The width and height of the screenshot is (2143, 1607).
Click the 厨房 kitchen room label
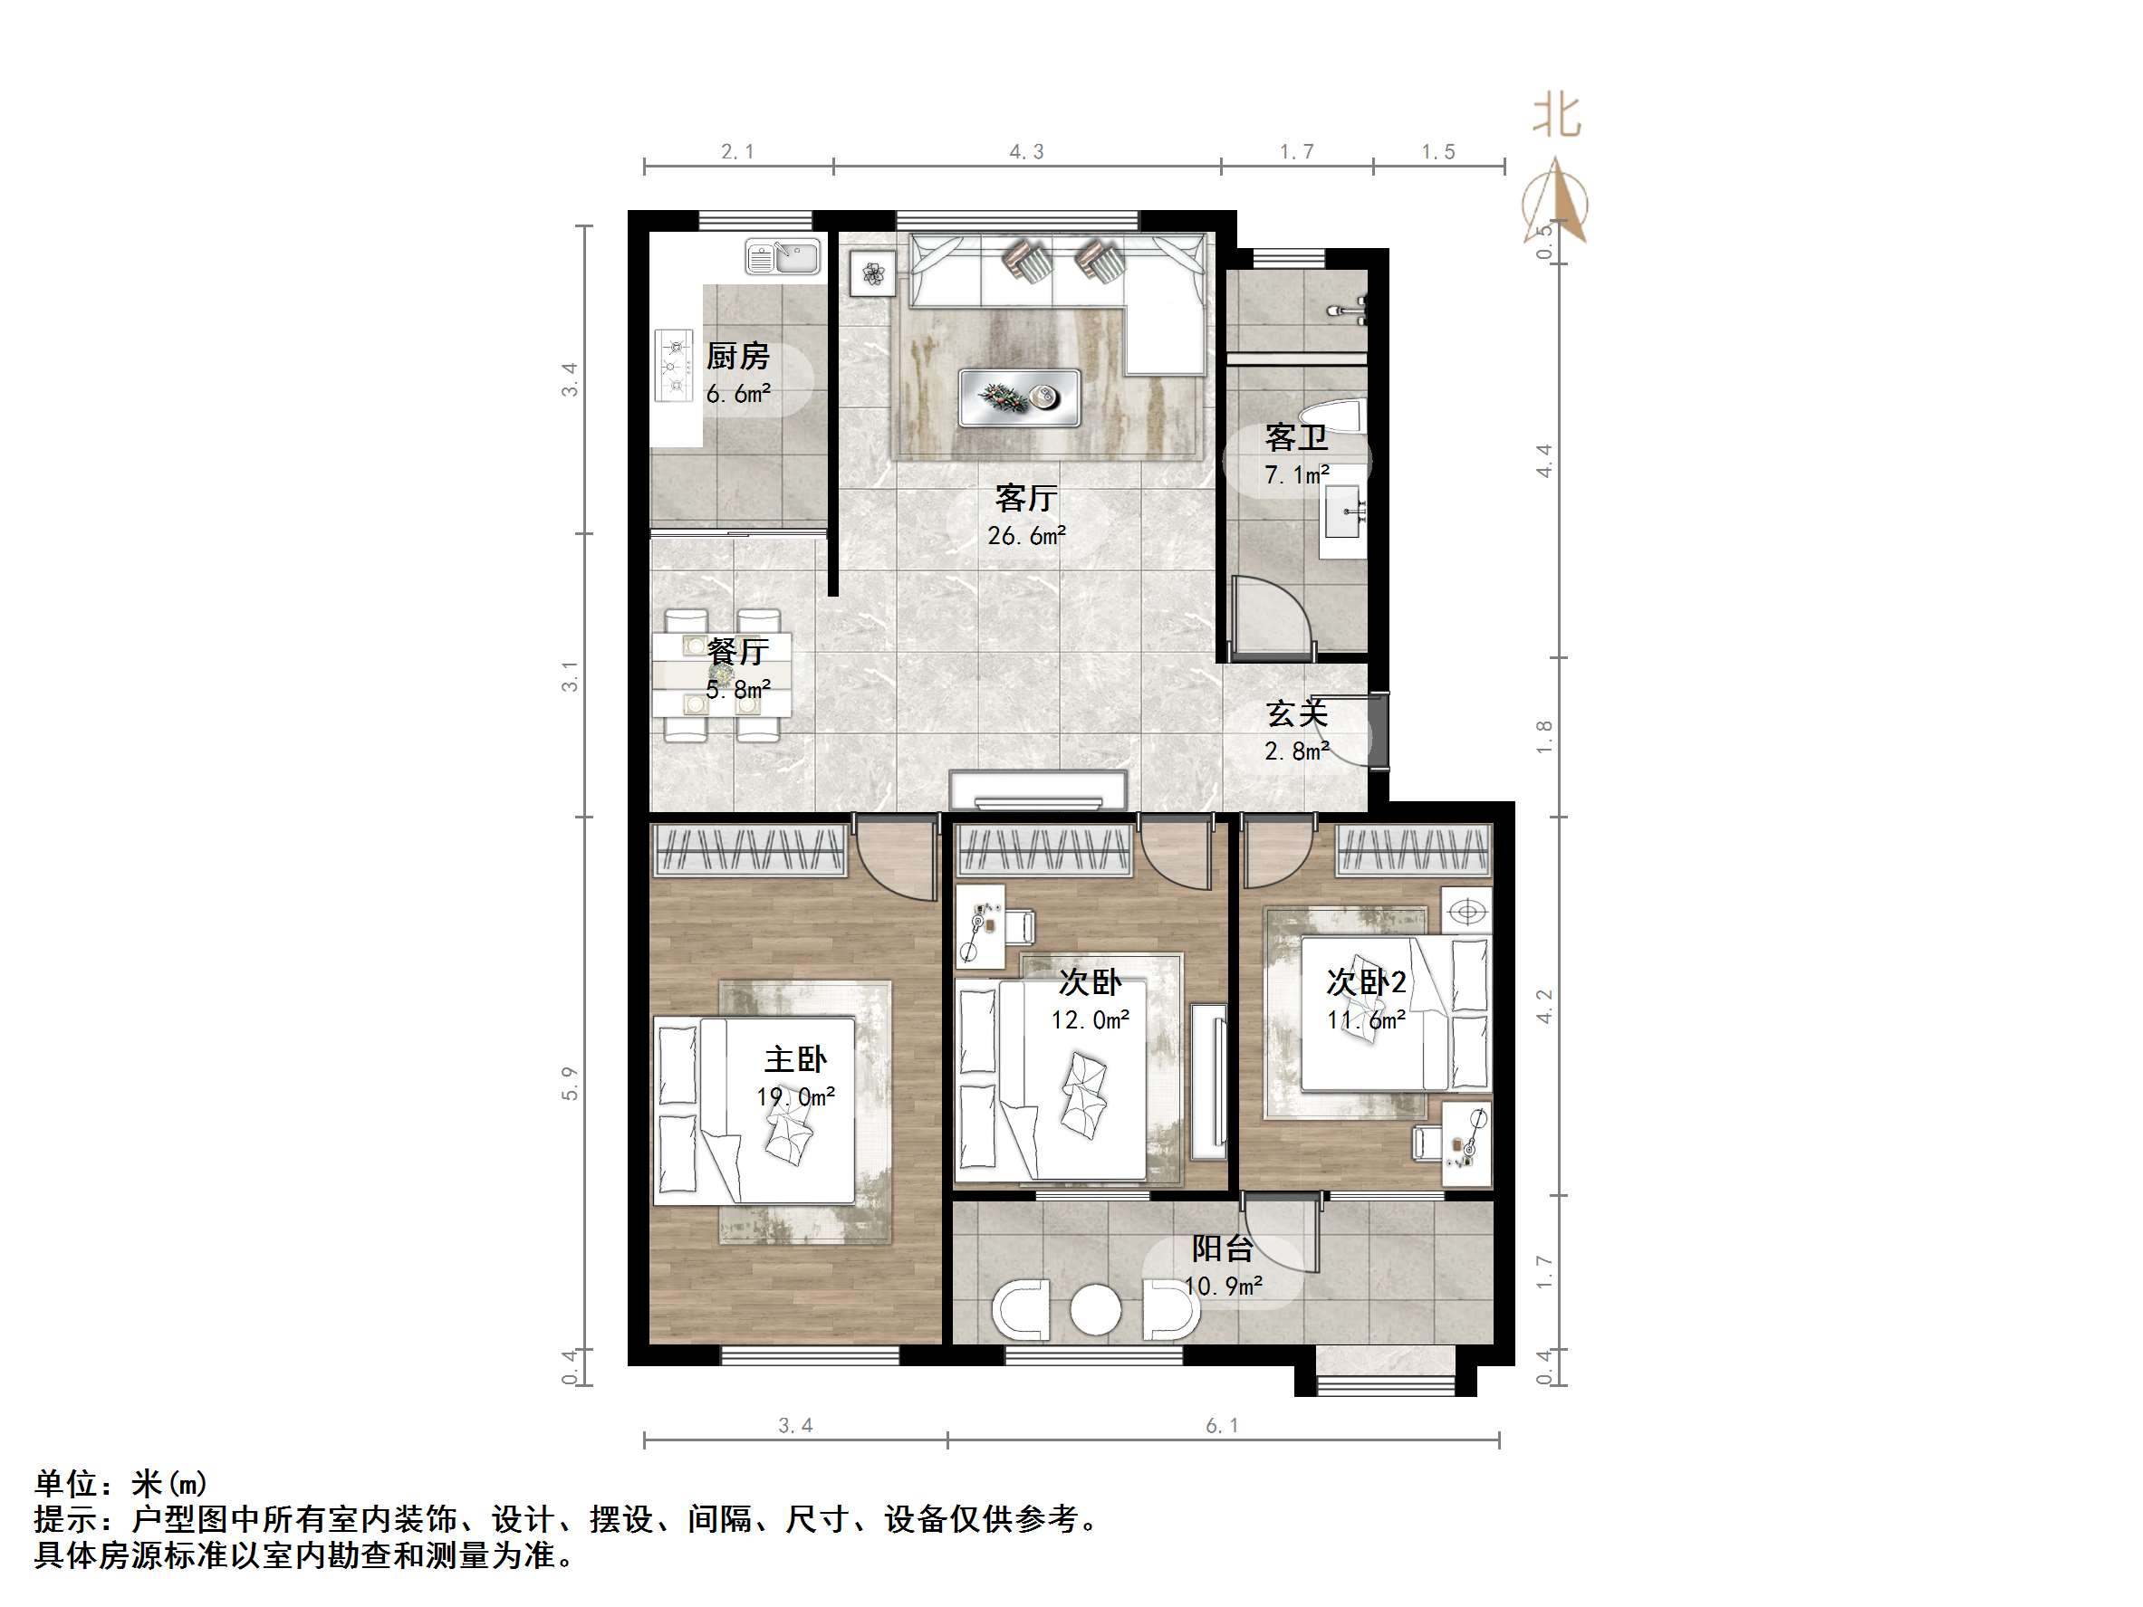tap(737, 357)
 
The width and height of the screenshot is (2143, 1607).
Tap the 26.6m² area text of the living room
tap(1026, 536)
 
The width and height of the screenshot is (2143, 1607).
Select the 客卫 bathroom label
tap(1295, 438)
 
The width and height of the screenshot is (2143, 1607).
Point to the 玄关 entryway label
tap(1296, 714)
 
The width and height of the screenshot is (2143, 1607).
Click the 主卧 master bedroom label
tap(795, 1058)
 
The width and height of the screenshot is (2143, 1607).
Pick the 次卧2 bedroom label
tap(1366, 982)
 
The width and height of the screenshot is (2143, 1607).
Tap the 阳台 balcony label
tap(1223, 1248)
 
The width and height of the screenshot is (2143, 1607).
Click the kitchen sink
tap(783, 258)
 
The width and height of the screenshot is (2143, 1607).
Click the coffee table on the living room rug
tap(1019, 397)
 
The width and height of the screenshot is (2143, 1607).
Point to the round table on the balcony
tap(1096, 1312)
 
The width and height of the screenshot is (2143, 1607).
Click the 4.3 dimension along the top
tap(1026, 152)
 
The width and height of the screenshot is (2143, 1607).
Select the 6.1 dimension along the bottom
tap(1222, 1426)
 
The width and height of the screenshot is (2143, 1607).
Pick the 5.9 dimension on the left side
tap(570, 1083)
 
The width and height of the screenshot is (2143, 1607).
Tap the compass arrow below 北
tap(1556, 204)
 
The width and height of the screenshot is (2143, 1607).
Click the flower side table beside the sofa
tap(873, 273)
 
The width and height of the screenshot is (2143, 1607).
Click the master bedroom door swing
tap(896, 857)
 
